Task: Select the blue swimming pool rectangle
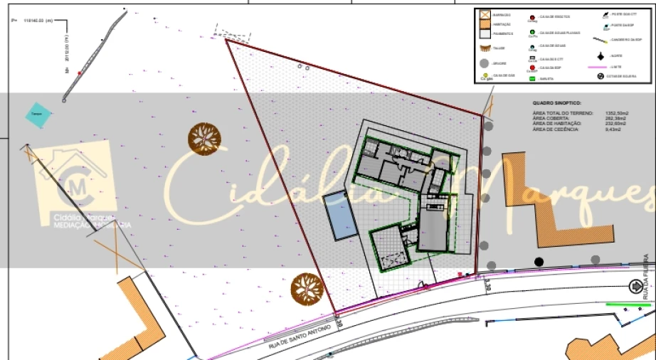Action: tap(340, 216)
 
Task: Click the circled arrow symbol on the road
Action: tap(635, 286)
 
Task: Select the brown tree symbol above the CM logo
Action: tap(204, 137)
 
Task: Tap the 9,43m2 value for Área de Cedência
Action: tap(611, 129)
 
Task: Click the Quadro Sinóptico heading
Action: tap(556, 102)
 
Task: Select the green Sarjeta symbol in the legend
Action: tap(532, 77)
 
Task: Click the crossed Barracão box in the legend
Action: tap(485, 14)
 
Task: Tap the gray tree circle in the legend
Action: tap(484, 64)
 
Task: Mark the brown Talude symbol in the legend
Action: tap(485, 48)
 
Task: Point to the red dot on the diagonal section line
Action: tap(80, 73)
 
